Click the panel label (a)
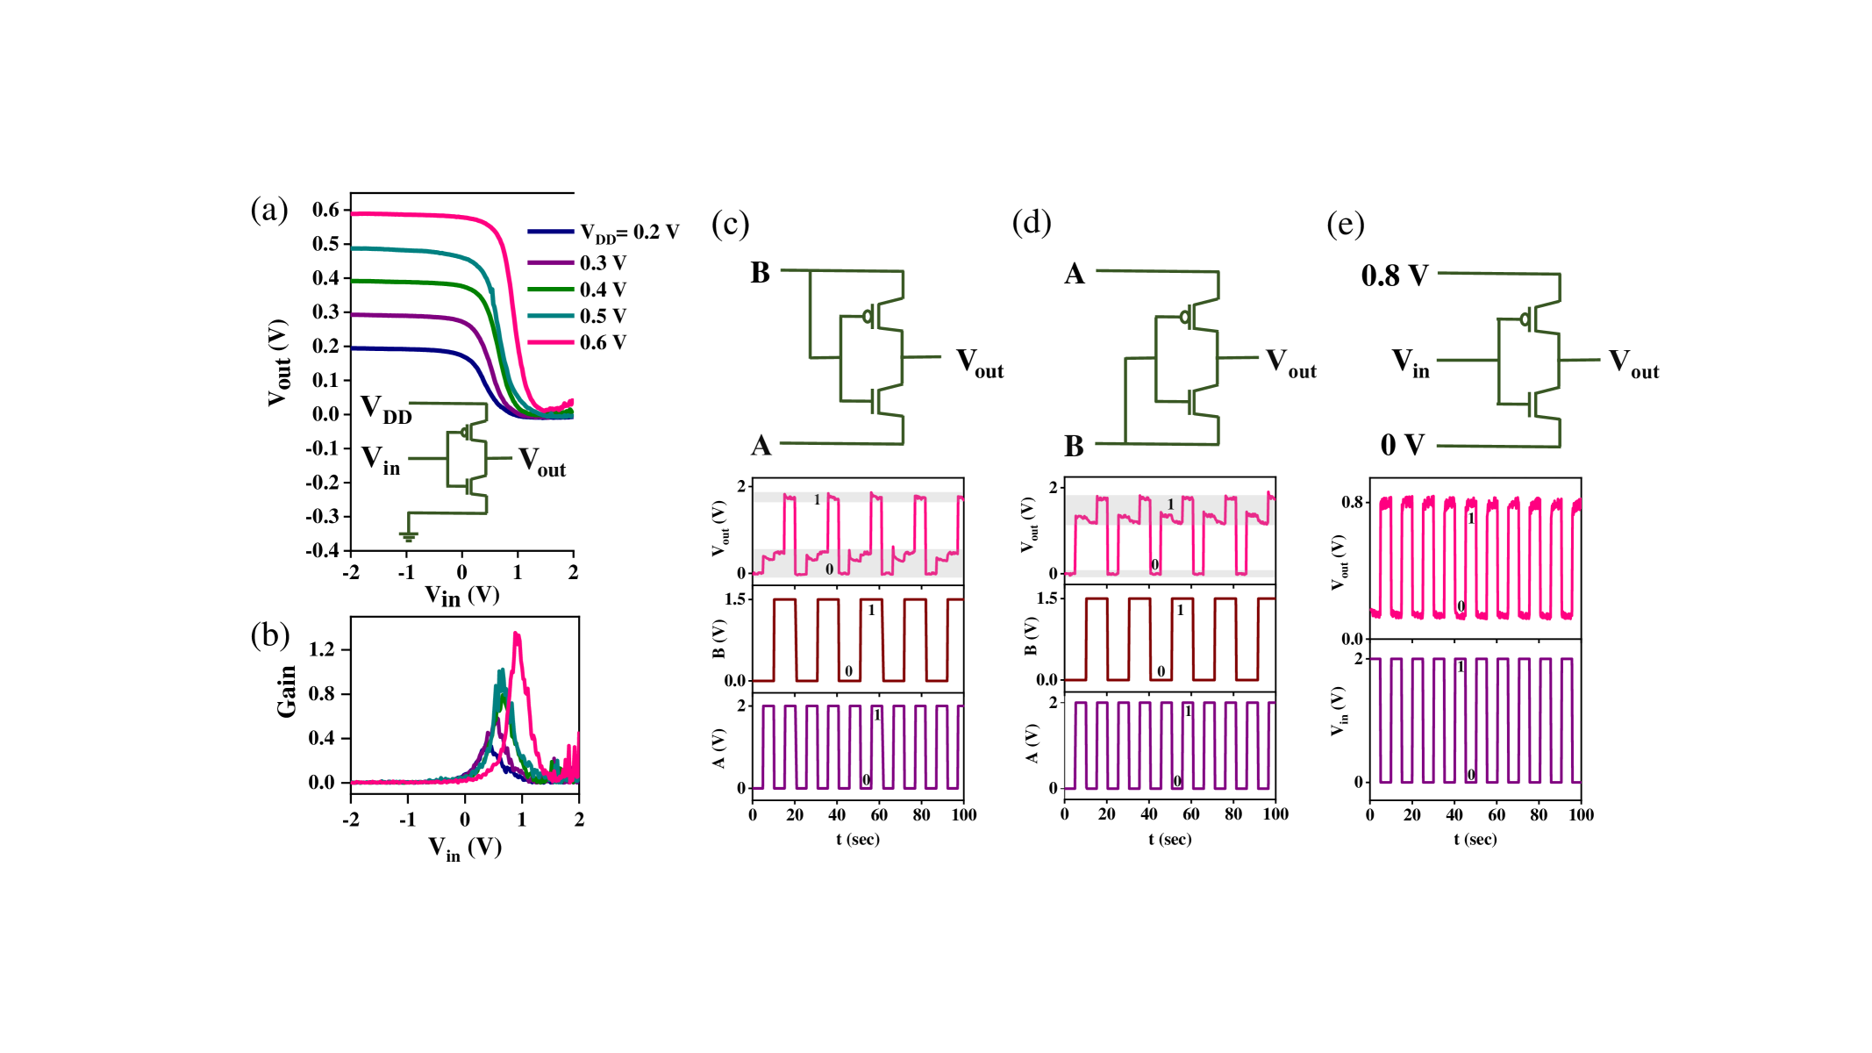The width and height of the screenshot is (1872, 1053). coord(268,211)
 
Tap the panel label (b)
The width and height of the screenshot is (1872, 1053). coord(269,634)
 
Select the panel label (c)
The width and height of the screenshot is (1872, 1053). coord(730,224)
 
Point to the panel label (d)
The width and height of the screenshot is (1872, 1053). coord(1031,222)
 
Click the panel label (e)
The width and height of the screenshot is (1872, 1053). coord(1345,224)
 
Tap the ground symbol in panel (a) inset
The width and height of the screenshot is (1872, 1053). coord(408,534)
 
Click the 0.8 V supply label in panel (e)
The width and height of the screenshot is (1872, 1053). coord(1394,276)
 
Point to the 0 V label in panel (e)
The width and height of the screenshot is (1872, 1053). coord(1402,445)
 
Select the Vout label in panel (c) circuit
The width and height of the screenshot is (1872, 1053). coord(979,362)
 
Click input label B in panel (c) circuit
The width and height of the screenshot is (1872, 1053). coord(760,273)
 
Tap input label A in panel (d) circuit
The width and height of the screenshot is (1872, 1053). coord(1074,274)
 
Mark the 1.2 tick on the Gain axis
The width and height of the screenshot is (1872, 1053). coord(322,649)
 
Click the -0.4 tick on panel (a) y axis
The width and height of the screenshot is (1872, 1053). coord(322,550)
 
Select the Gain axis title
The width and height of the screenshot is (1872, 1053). coord(287,691)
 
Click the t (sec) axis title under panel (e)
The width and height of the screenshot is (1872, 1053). coord(1475,840)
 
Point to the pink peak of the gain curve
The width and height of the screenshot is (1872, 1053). coord(517,634)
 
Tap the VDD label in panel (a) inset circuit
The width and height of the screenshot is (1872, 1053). coord(386,410)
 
